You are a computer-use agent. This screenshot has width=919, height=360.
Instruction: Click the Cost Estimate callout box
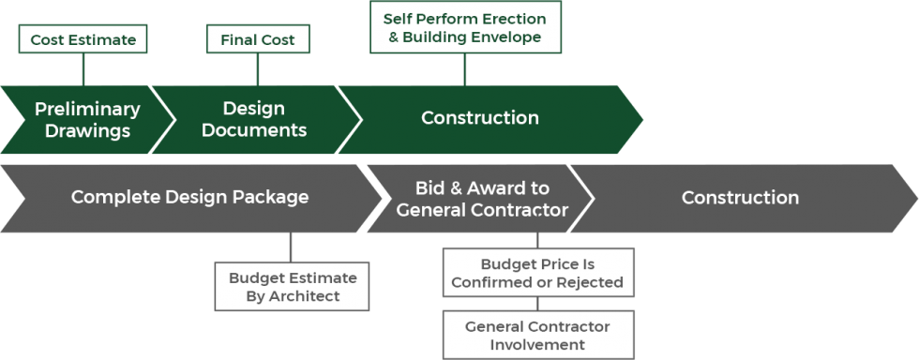pyautogui.click(x=83, y=39)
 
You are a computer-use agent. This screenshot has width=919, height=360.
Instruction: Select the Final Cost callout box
pyautogui.click(x=257, y=39)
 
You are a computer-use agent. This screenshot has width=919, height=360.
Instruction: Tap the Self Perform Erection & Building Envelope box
pyautogui.click(x=464, y=27)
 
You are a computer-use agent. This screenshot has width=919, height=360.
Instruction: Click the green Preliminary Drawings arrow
pyautogui.click(x=87, y=119)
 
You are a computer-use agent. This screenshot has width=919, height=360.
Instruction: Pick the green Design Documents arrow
pyautogui.click(x=254, y=119)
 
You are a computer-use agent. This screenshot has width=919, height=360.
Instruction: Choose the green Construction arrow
pyautogui.click(x=480, y=118)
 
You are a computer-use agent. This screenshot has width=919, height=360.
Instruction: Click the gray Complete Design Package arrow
pyautogui.click(x=190, y=198)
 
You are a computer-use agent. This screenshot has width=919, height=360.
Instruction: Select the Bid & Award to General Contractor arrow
pyautogui.click(x=482, y=199)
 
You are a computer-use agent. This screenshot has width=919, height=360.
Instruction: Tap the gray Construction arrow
pyautogui.click(x=740, y=198)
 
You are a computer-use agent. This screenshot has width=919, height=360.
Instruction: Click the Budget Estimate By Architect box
pyautogui.click(x=292, y=287)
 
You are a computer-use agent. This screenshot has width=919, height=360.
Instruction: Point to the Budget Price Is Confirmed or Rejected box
pyautogui.click(x=537, y=273)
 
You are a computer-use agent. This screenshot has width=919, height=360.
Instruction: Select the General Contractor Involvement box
pyautogui.click(x=537, y=335)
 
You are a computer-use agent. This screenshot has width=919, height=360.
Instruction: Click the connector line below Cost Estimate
pyautogui.click(x=83, y=68)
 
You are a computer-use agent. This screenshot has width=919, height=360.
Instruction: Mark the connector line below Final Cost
pyautogui.click(x=257, y=68)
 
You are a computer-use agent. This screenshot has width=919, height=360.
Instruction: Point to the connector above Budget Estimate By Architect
pyautogui.click(x=291, y=247)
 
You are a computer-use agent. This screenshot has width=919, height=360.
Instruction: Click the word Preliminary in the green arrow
pyautogui.click(x=87, y=109)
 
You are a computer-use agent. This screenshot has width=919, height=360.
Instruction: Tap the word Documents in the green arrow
pyautogui.click(x=254, y=130)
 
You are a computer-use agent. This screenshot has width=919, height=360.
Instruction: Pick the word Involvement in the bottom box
pyautogui.click(x=537, y=344)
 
